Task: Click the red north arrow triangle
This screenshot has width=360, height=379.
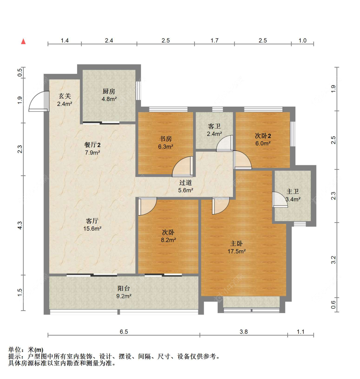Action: tap(23, 41)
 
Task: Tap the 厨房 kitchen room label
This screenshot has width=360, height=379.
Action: tap(109, 91)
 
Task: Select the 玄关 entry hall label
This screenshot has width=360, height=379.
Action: tap(65, 96)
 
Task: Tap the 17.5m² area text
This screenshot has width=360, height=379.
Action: tap(236, 251)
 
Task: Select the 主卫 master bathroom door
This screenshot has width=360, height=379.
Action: tap(280, 200)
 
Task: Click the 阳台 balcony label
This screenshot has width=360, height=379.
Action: tap(124, 288)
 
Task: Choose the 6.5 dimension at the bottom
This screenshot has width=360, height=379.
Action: tap(124, 332)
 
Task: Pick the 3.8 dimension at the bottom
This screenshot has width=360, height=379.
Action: tap(244, 332)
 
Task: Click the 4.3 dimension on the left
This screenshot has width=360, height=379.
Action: tap(20, 225)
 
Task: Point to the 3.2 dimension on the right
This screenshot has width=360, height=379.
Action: tap(333, 260)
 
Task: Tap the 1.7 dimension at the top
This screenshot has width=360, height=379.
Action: tap(214, 40)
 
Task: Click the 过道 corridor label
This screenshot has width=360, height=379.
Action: tap(185, 183)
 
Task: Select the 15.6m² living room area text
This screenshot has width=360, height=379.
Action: tap(92, 228)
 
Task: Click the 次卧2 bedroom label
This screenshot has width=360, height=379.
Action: tap(263, 136)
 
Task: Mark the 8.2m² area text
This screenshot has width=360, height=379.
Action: tap(169, 240)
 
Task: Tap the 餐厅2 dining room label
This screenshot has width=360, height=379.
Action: tap(92, 145)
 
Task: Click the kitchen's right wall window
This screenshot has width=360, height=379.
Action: tap(138, 91)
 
